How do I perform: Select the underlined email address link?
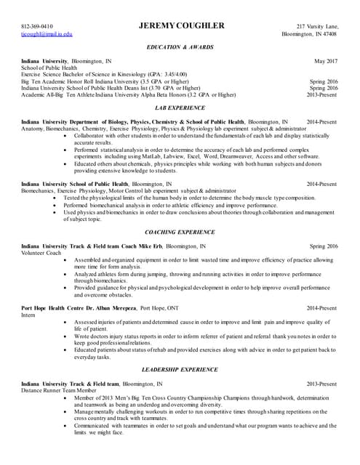47,34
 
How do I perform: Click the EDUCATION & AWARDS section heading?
180,46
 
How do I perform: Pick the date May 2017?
325,61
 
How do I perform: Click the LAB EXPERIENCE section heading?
180,107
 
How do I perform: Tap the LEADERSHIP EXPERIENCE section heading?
180,369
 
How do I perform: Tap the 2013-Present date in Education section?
321,94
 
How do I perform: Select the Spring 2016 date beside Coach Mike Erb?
324,246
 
